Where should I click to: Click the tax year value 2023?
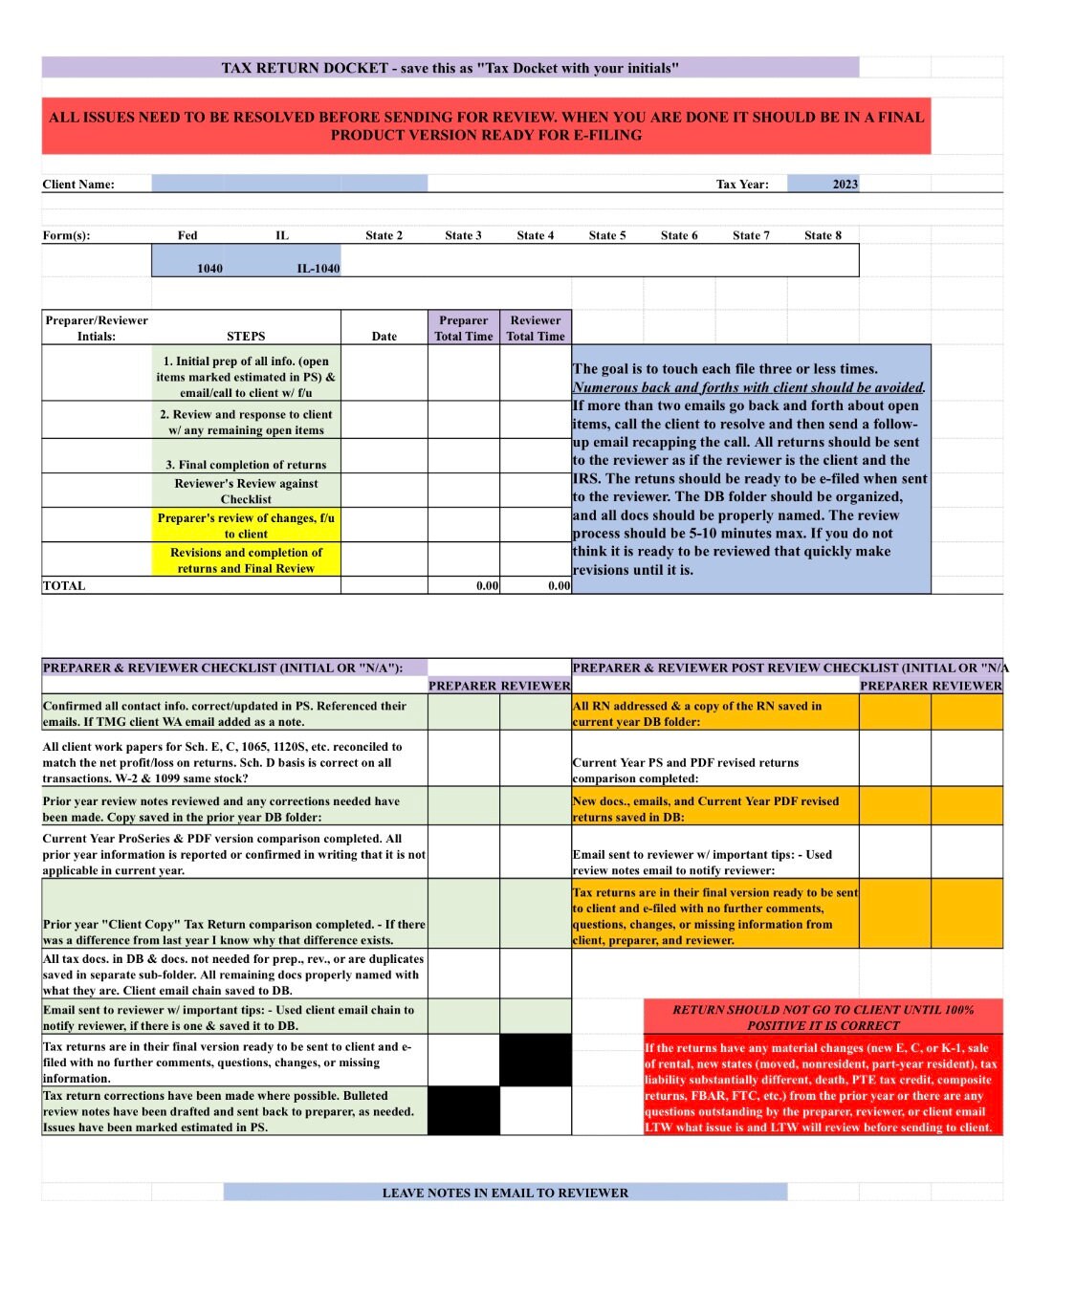[844, 184]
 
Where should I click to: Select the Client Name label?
[78, 185]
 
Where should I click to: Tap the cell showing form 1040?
[209, 268]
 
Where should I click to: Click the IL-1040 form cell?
[318, 268]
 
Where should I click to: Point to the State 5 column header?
[607, 235]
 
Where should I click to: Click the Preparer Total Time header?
[463, 328]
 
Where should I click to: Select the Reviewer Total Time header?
[535, 328]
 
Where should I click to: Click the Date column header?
[384, 336]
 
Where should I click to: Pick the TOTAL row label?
[64, 585]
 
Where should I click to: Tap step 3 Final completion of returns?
[246, 465]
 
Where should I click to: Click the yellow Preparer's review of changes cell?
[246, 525]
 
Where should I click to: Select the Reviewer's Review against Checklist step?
[246, 491]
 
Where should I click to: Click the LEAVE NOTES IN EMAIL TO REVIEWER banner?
[505, 1193]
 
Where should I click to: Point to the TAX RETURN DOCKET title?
[450, 68]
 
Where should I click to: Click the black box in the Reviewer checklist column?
[535, 1061]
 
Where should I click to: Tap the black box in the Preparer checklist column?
[463, 1110]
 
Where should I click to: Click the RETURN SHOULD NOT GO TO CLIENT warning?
[823, 1017]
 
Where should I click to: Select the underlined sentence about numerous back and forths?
[748, 387]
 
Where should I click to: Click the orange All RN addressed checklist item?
[714, 713]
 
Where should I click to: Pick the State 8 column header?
[823, 235]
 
